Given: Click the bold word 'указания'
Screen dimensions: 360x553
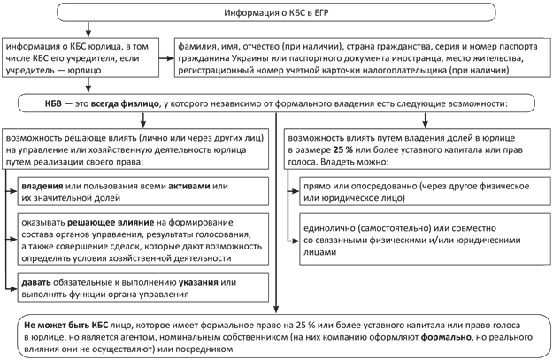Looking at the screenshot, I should pos(200,282).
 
